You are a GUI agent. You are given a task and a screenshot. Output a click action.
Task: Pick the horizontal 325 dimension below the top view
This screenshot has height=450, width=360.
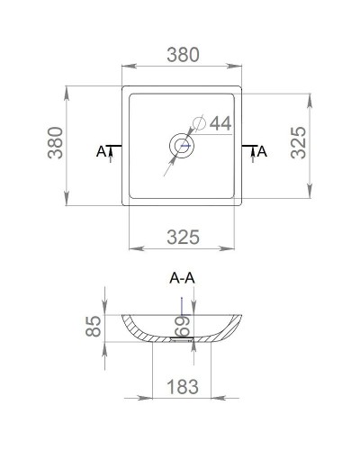tap(183, 238)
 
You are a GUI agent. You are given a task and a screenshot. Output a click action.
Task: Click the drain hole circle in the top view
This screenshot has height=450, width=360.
tap(183, 145)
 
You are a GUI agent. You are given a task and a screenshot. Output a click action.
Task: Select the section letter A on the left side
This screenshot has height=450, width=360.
tap(101, 151)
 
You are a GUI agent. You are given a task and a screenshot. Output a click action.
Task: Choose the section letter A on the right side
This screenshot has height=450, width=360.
tap(262, 151)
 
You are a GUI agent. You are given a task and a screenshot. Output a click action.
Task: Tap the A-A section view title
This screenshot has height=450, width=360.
tap(183, 280)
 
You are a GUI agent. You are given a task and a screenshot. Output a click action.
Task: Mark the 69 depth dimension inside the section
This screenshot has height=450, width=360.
tap(180, 323)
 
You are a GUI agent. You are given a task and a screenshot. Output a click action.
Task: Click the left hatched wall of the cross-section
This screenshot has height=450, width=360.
tap(135, 328)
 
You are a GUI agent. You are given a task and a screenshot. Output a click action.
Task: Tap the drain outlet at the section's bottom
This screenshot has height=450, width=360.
tap(183, 341)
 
